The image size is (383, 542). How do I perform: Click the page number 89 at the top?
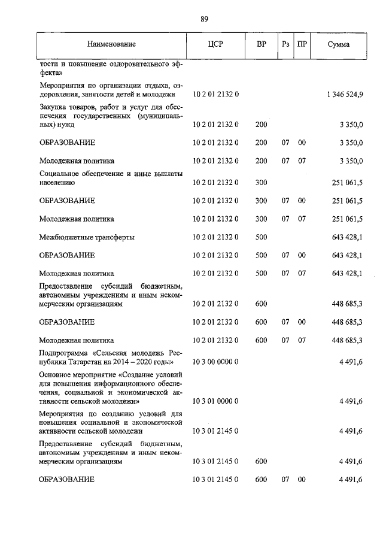(204, 20)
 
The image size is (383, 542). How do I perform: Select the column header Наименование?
(111, 44)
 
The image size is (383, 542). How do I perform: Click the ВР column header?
(261, 44)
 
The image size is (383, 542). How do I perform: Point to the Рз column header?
(285, 44)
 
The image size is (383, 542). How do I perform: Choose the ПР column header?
(302, 44)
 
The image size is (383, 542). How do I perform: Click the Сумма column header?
(339, 44)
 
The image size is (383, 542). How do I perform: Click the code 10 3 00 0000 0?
(215, 362)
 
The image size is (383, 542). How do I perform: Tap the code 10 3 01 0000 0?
(215, 401)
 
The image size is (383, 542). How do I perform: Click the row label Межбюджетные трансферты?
(87, 237)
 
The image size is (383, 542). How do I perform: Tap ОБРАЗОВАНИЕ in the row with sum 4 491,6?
(67, 480)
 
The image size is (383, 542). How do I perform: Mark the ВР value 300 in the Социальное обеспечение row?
(261, 182)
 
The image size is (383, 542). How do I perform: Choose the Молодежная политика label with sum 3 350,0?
(77, 161)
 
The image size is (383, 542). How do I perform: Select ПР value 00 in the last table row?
(302, 480)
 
